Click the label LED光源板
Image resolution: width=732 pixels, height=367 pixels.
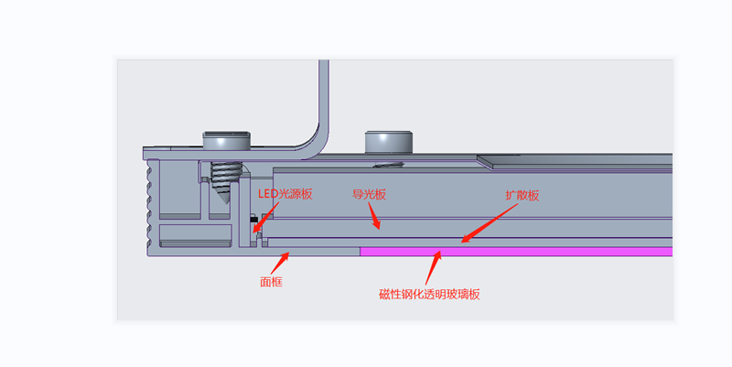coord(284,194)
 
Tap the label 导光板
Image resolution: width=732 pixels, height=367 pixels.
coord(369,195)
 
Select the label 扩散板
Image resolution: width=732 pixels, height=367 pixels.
coord(522,196)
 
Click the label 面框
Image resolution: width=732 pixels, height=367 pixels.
coord(271,283)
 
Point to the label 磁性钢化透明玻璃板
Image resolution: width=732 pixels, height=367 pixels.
coord(429,294)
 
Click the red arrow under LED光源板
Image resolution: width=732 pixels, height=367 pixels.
coord(262,218)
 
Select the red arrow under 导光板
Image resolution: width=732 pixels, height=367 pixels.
coord(375,216)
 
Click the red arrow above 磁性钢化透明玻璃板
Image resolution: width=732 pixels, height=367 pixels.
coord(434,267)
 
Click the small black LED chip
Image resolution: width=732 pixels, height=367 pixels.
coord(252,220)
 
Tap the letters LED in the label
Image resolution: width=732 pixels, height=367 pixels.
coord(266,194)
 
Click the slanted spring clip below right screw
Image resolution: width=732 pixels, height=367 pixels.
coord(389,165)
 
